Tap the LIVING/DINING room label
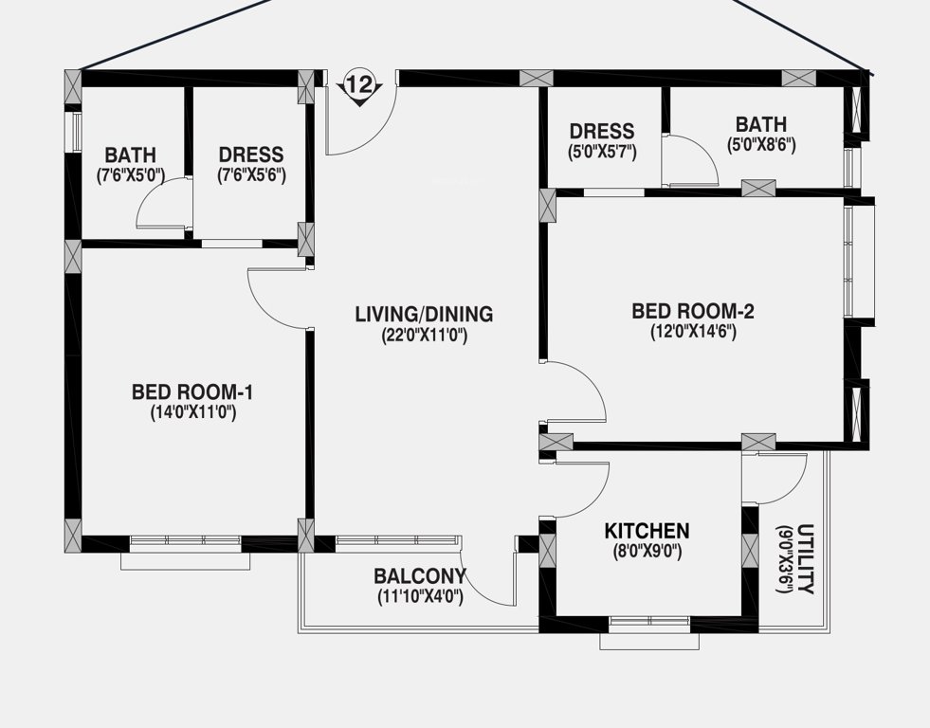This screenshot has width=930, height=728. coord(424,314)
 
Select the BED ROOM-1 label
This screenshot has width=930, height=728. coord(192,391)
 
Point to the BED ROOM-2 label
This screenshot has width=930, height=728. coord(693,311)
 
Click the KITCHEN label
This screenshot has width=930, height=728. coord(647,531)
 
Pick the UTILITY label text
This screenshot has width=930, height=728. coord(805,558)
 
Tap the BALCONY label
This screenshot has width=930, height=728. coord(420,576)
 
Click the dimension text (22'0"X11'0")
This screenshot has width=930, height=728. coord(424,335)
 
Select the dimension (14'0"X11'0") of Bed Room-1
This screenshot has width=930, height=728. coord(192,412)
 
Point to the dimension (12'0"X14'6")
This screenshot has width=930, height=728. coord(693,332)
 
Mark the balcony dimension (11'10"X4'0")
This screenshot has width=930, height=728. coord(420,596)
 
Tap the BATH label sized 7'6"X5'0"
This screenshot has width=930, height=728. coord(131,155)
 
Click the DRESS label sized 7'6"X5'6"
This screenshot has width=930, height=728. coord(251,155)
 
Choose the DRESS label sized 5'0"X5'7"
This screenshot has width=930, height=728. coord(602,131)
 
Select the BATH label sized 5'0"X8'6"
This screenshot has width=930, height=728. coord(760,124)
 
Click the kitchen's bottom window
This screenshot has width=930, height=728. coord(649,622)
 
